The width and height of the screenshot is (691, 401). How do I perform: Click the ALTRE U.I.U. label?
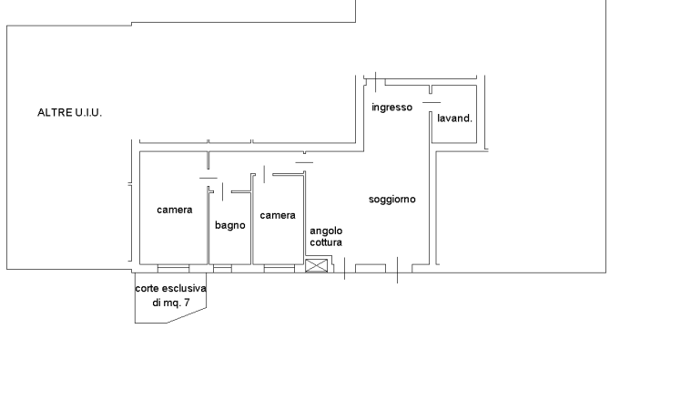tap(69, 112)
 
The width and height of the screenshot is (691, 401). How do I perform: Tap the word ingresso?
tap(391, 108)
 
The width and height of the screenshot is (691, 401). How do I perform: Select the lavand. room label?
tap(454, 118)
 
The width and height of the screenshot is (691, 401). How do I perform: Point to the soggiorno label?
tap(391, 200)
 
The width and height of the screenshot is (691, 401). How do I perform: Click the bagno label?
tap(230, 225)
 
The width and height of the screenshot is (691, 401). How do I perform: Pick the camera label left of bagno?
tap(175, 210)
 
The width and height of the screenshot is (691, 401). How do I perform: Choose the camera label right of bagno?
tap(278, 215)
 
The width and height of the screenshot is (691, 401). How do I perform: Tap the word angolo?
tap(326, 231)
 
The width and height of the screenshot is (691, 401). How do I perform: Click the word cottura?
tap(326, 242)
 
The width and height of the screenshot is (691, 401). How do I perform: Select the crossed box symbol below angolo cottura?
tap(317, 265)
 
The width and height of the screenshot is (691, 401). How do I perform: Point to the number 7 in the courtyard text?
tap(187, 303)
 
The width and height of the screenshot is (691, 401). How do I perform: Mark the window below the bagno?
tap(222, 269)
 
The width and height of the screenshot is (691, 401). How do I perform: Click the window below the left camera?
tap(173, 269)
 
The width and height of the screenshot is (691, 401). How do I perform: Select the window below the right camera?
tap(279, 269)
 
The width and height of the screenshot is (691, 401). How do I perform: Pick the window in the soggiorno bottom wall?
tap(371, 268)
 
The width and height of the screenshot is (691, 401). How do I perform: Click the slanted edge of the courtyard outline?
tap(186, 315)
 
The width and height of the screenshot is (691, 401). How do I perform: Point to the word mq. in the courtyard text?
tap(173, 303)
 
